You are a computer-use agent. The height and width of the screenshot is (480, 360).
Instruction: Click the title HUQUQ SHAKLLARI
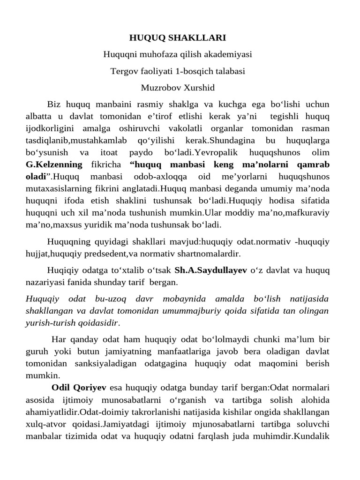pyautogui.click(x=178, y=37)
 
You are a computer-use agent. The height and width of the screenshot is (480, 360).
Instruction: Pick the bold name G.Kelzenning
pyautogui.click(x=54, y=165)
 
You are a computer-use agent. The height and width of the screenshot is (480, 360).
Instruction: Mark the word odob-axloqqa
pyautogui.click(x=161, y=177)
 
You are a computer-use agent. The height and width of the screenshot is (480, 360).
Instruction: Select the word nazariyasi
pyautogui.click(x=45, y=283)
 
